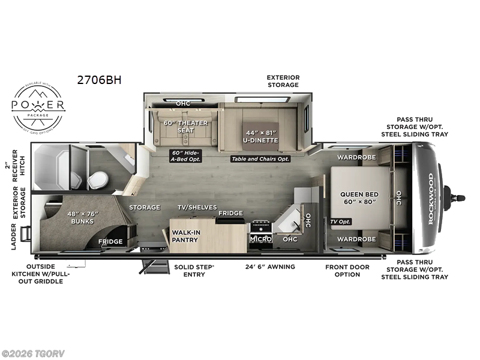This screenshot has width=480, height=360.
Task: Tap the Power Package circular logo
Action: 39,106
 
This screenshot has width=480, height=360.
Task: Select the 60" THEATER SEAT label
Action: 185,127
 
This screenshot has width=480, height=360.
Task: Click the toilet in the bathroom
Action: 98,178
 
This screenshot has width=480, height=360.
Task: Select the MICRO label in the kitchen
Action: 261,239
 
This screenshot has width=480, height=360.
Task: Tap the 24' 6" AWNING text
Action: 270,266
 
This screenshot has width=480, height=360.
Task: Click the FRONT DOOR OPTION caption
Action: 347,271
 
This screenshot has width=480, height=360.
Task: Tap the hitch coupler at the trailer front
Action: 455,197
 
